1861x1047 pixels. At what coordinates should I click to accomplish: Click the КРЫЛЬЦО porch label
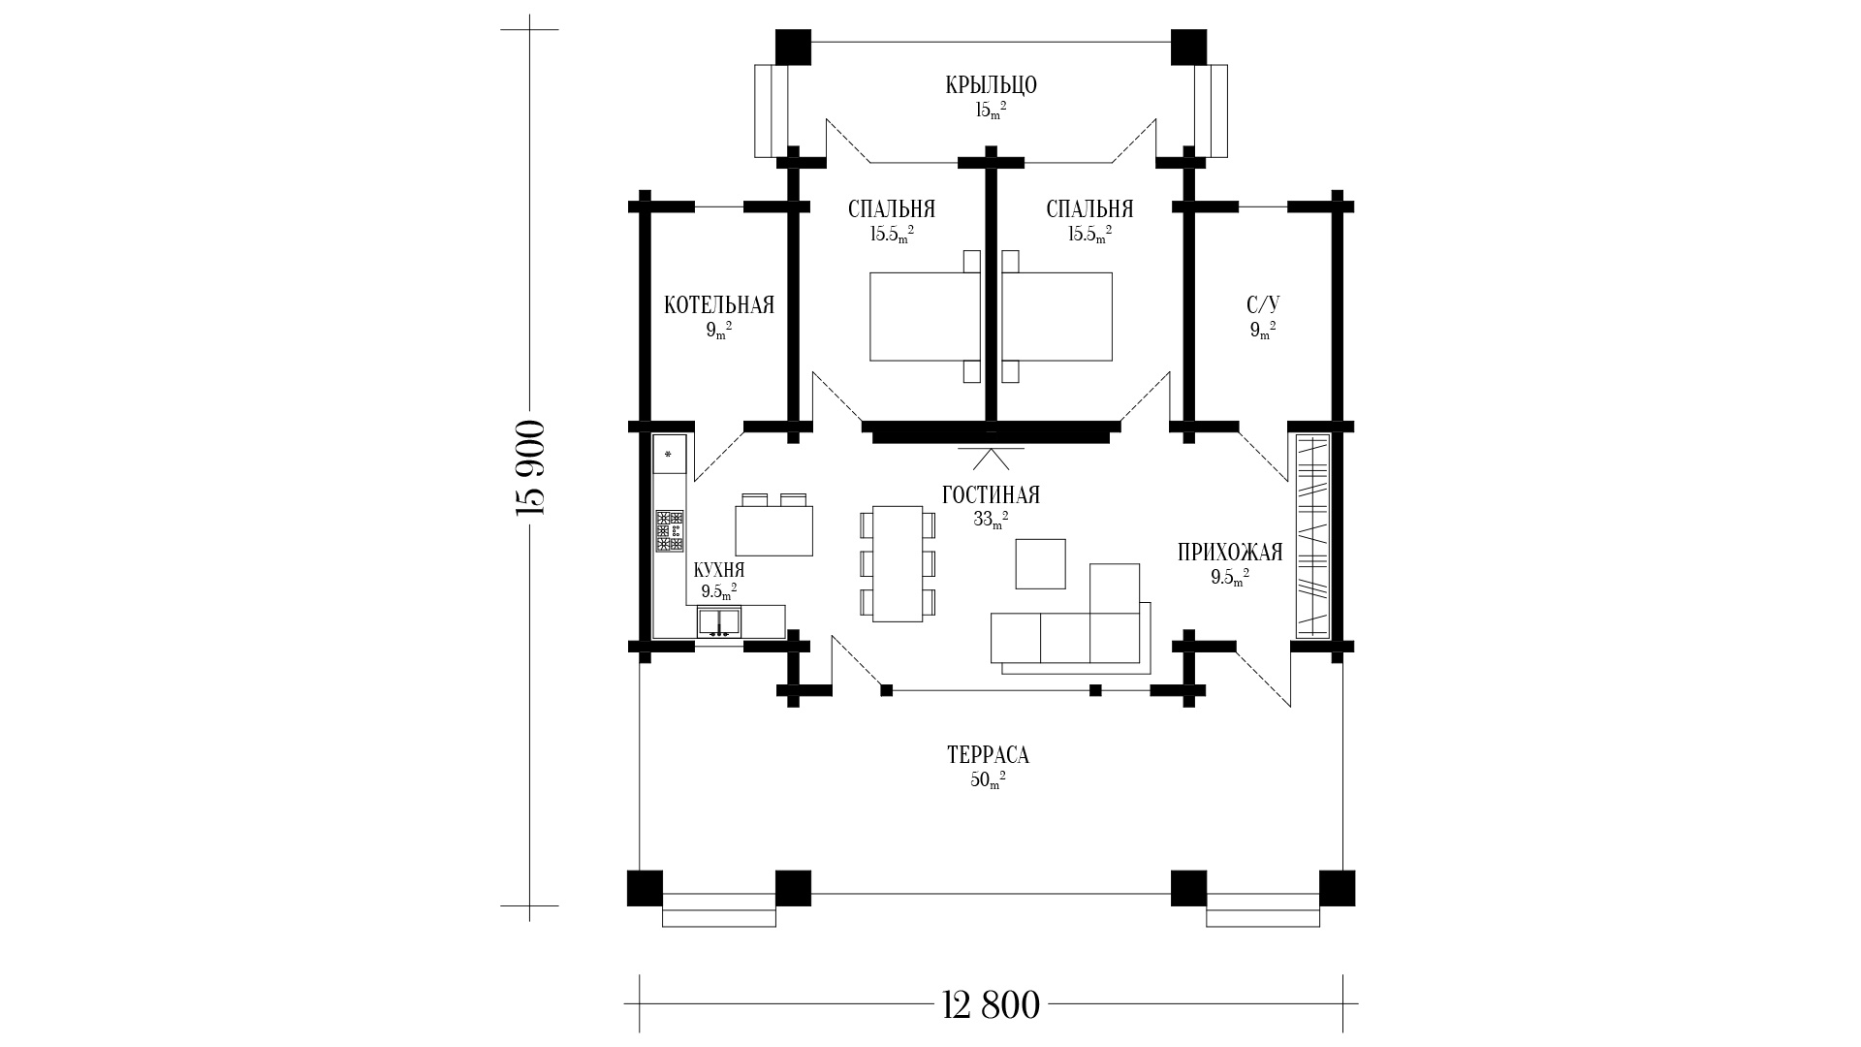point(991,85)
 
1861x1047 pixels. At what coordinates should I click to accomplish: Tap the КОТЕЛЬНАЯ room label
point(719,306)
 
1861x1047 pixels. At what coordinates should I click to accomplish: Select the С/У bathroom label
point(1262,306)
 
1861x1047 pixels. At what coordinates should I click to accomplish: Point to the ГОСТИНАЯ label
point(991,495)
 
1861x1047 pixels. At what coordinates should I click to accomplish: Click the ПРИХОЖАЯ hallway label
point(1230,553)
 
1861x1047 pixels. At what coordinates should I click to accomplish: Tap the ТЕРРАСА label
point(989,755)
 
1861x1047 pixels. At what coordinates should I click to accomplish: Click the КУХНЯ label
point(719,570)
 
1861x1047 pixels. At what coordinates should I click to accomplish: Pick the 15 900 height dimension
point(531,468)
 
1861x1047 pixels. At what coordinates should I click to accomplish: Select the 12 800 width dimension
point(991,1005)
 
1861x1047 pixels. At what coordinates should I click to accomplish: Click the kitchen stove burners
point(670,531)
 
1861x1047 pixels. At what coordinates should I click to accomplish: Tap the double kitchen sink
point(719,621)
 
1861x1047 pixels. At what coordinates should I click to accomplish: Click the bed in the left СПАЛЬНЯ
point(926,317)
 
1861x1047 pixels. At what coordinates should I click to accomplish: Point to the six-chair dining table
point(898,564)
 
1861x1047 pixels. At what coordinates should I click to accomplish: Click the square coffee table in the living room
point(1040,564)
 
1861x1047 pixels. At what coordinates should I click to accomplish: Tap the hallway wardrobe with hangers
point(1312,535)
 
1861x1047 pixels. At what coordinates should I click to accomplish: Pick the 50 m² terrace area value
point(989,781)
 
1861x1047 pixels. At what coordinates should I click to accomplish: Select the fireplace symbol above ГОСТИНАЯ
point(991,458)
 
